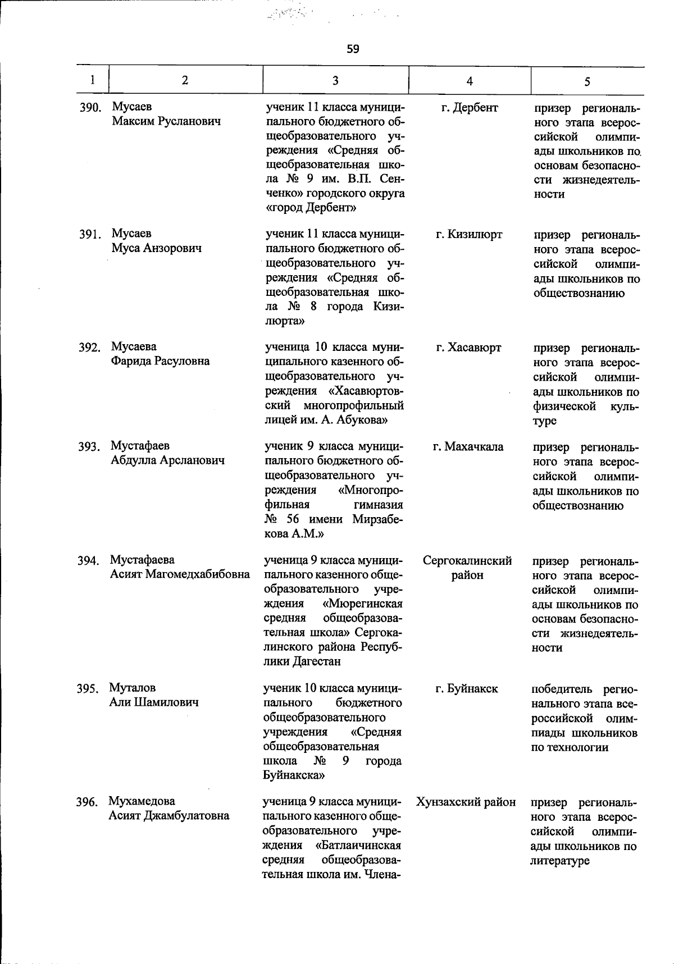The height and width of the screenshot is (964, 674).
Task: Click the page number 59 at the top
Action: (353, 49)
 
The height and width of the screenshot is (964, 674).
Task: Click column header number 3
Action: (335, 80)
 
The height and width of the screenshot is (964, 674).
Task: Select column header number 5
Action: (587, 81)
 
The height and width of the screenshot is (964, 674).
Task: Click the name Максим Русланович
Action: (166, 121)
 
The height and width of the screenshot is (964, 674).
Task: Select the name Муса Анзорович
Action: (156, 248)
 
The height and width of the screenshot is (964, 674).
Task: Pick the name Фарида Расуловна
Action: (160, 361)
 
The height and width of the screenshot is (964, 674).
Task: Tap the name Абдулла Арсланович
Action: (167, 460)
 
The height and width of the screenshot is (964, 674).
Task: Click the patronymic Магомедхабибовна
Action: (198, 574)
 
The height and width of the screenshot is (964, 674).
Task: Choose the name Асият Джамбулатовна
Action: (168, 816)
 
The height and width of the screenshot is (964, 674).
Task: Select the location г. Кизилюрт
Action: (469, 234)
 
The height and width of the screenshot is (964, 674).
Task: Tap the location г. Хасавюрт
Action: (468, 348)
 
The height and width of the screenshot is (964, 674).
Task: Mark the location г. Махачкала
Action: (468, 447)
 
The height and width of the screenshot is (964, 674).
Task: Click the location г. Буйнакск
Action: (467, 688)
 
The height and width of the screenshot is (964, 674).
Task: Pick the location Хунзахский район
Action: (466, 802)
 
